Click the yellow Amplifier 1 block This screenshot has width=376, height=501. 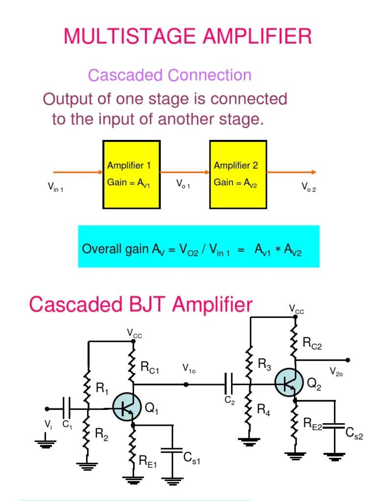click(x=131, y=174)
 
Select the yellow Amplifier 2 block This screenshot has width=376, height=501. click(x=237, y=174)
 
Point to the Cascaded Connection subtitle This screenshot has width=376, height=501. click(x=169, y=75)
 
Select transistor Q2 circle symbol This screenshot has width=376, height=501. click(x=288, y=383)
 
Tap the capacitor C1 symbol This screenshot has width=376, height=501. click(x=67, y=408)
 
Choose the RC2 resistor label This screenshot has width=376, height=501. click(x=312, y=345)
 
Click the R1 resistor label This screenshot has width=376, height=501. click(x=102, y=389)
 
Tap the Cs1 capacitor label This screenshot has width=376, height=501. click(x=191, y=458)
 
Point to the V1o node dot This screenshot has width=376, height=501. click(x=186, y=384)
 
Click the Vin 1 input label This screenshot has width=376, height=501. click(x=55, y=187)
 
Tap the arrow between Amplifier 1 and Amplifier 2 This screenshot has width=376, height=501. click(x=185, y=172)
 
